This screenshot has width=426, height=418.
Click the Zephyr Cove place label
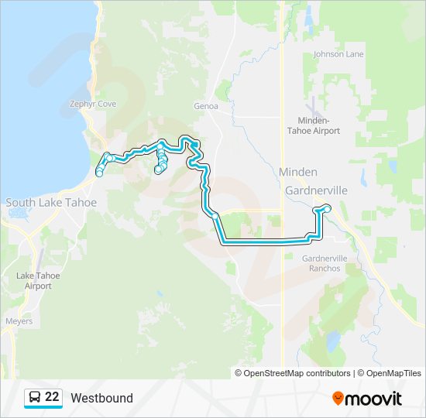point(92,104)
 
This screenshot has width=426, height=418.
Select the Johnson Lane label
point(338,55)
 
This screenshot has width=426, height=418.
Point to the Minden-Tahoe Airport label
point(319,125)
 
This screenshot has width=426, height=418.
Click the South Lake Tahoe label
point(51,203)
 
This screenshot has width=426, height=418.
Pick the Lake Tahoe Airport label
point(37,280)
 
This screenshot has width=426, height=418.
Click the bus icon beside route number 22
point(34,398)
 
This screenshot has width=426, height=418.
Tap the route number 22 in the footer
point(52,398)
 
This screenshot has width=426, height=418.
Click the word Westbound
point(101,399)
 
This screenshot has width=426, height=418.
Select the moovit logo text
point(373,399)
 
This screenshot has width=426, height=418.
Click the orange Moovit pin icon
point(338,398)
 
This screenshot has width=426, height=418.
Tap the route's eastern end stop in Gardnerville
point(327,207)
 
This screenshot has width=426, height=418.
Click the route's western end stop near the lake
point(99,173)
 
